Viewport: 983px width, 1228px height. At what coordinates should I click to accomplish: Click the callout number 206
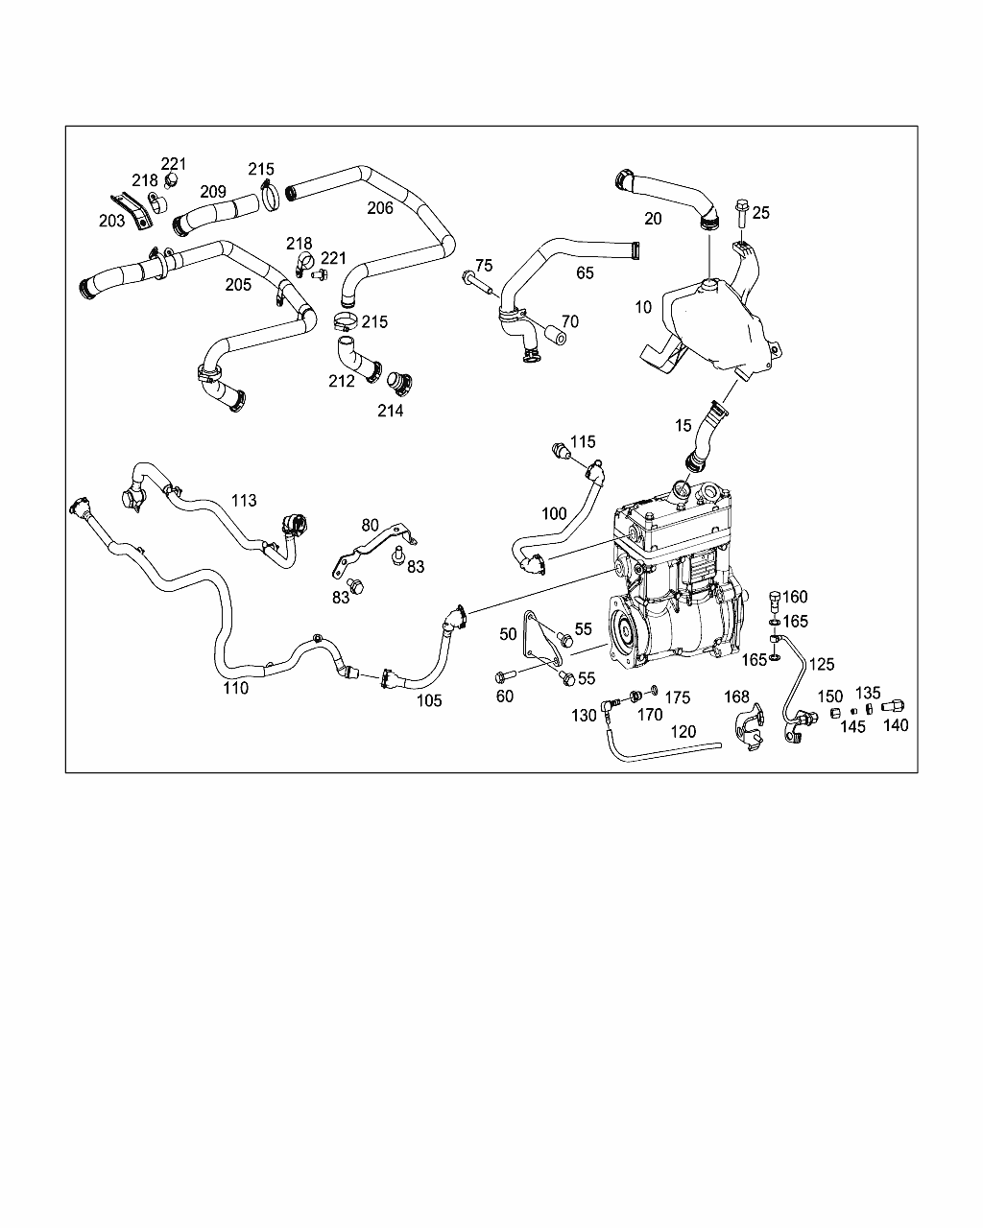380,208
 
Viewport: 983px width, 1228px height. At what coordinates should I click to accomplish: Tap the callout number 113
244,500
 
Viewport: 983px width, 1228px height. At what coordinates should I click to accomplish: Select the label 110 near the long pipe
236,687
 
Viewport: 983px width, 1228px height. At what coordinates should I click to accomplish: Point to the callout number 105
429,700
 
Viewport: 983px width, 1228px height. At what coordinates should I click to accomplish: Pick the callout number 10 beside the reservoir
643,307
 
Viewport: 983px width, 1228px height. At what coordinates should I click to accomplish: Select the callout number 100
554,513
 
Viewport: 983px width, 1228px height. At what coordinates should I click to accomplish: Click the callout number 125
822,663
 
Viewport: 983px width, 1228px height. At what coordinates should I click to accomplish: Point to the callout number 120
683,731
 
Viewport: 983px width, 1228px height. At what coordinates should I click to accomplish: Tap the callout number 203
111,221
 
